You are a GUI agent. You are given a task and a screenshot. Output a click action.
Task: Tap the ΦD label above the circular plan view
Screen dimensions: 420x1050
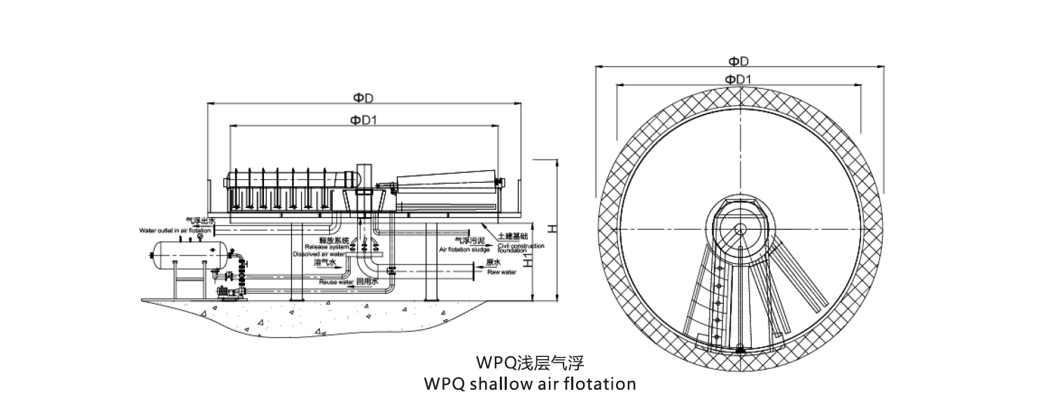point(739,61)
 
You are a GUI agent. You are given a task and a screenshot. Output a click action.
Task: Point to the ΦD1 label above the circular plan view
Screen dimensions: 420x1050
point(739,78)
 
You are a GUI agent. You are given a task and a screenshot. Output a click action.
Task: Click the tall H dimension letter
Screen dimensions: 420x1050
point(551,229)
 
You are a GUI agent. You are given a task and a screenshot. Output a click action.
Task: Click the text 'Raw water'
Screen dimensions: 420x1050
point(501,272)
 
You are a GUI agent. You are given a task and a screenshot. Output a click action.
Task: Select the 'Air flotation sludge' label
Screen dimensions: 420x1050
point(464,248)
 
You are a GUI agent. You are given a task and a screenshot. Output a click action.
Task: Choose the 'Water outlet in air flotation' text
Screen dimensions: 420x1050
point(174,230)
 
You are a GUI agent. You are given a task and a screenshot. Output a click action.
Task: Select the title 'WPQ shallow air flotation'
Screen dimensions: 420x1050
point(530,384)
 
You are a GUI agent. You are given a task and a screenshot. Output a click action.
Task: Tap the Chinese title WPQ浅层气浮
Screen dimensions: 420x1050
point(529,363)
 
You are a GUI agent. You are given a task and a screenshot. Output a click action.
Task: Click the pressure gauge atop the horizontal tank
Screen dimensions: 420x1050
point(199,237)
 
